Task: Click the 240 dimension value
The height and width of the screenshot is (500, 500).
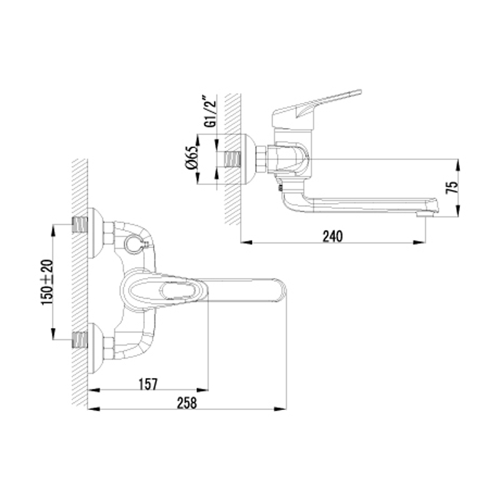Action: (332, 236)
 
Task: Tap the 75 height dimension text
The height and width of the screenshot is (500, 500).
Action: (452, 187)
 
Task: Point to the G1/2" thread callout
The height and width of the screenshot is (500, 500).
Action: (210, 110)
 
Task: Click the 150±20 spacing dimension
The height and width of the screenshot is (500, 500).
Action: (47, 282)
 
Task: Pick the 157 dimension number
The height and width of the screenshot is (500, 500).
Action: (148, 384)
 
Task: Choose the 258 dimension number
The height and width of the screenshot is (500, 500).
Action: (187, 403)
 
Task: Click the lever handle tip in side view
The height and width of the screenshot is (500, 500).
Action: (359, 92)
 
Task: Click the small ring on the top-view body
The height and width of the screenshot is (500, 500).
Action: (132, 244)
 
